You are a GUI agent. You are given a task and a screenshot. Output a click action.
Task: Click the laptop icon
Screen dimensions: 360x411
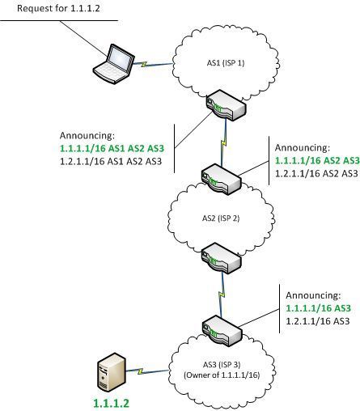click(x=113, y=64)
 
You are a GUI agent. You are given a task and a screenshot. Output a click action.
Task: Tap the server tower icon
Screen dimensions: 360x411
click(x=111, y=373)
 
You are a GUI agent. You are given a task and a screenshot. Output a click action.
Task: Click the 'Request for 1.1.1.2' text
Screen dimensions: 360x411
click(x=58, y=8)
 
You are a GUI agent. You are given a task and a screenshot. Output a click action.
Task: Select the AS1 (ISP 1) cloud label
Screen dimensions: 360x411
click(x=226, y=63)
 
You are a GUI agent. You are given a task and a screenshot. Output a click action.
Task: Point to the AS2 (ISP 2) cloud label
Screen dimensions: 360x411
click(x=221, y=218)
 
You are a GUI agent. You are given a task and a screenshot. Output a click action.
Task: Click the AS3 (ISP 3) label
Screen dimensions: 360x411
click(x=222, y=365)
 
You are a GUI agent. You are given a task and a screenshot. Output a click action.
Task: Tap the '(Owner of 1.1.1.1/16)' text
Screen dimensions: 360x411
click(x=222, y=375)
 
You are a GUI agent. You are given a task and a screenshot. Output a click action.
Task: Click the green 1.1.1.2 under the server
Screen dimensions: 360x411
click(x=111, y=403)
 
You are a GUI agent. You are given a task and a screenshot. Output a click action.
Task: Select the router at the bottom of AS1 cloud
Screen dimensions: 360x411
click(x=226, y=105)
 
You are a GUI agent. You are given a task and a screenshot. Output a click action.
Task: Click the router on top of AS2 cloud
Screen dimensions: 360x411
click(x=221, y=179)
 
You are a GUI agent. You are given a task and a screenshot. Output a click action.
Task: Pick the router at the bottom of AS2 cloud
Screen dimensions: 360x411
click(x=221, y=258)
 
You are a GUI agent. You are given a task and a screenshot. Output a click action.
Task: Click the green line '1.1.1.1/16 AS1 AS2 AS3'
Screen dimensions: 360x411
click(x=112, y=148)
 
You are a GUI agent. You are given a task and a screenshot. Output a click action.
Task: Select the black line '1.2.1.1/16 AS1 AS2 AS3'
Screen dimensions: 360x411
click(x=111, y=161)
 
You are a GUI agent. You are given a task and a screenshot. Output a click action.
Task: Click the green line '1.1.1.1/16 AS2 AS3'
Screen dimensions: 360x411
click(x=317, y=160)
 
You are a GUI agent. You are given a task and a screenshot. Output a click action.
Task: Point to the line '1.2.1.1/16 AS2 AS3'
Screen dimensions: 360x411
click(x=316, y=173)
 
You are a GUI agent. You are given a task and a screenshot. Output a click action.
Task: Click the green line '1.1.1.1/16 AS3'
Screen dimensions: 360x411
click(x=318, y=308)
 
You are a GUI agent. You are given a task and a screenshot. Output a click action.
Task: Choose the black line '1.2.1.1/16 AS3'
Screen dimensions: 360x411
click(x=318, y=321)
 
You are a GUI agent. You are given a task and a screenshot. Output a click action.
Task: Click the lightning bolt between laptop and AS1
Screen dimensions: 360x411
click(x=144, y=64)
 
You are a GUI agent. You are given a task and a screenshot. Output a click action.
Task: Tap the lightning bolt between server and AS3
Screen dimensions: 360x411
click(x=140, y=371)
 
